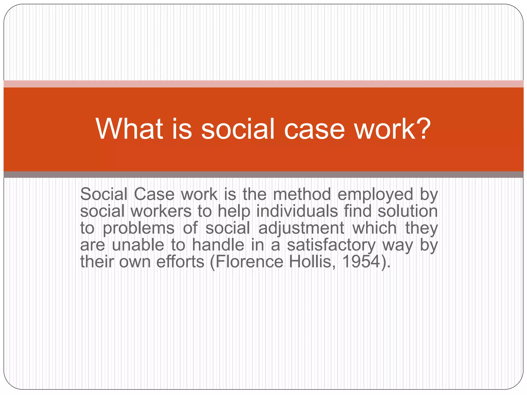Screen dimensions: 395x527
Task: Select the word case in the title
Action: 314,129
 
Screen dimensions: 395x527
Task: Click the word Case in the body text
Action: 154,194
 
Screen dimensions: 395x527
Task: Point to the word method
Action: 302,194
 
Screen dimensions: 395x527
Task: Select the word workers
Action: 161,211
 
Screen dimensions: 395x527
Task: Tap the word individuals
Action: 297,211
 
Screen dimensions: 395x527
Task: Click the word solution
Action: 408,211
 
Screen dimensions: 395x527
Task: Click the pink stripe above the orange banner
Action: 263,84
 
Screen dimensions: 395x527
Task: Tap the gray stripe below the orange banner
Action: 263,175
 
